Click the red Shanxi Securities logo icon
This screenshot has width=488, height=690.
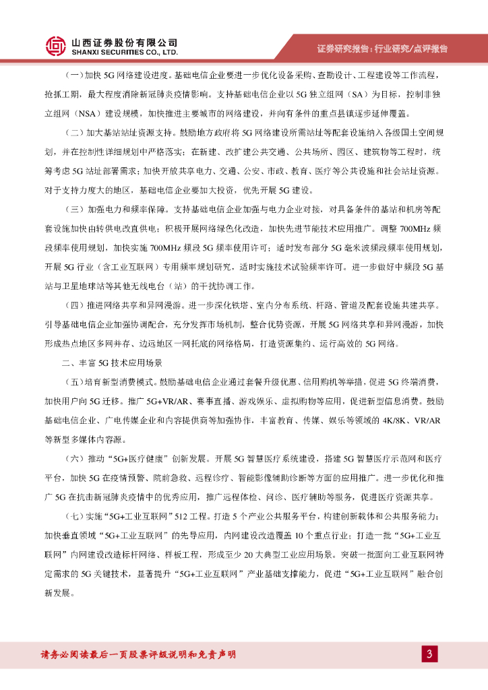(55, 46)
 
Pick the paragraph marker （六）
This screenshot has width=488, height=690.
(71, 459)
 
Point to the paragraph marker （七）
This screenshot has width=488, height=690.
(71, 516)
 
